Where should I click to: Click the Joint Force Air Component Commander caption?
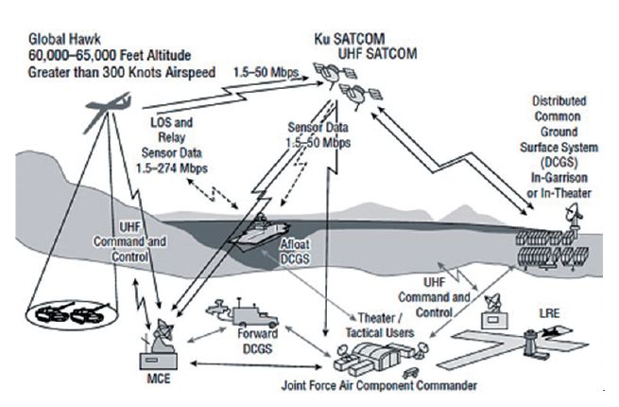click(x=378, y=385)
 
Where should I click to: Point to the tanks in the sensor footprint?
click(x=59, y=311)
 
